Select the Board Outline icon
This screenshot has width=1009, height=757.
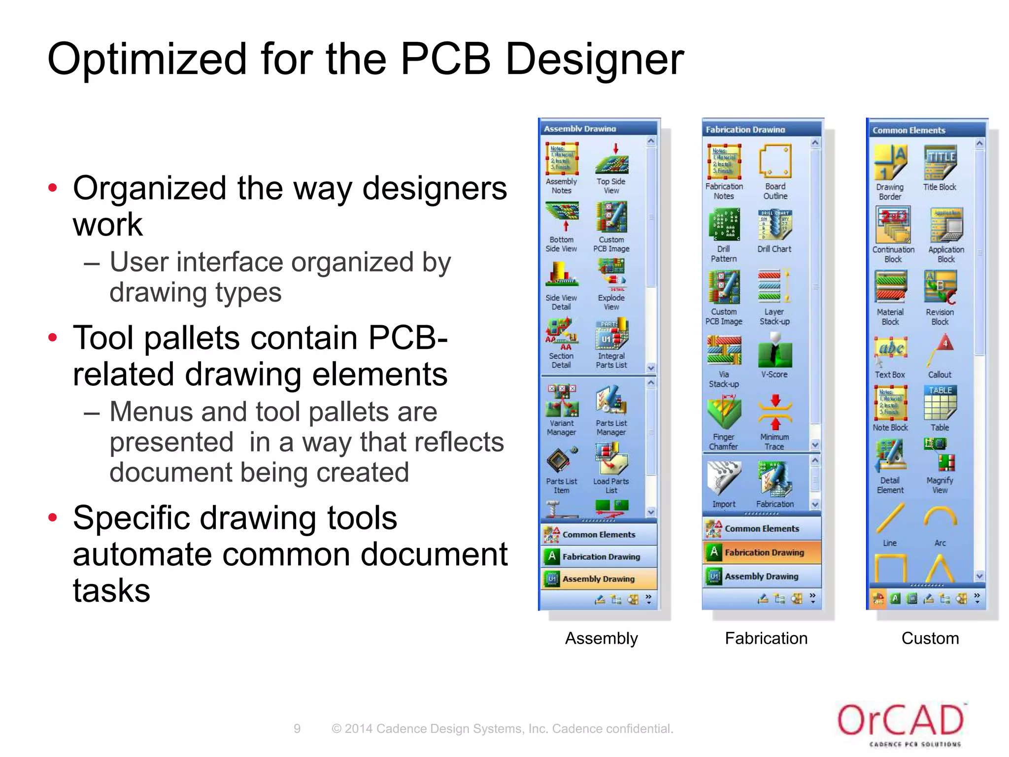(x=775, y=162)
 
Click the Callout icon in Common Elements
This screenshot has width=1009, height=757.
(x=940, y=352)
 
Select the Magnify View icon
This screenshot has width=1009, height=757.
(x=940, y=455)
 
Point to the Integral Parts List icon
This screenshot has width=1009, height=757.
(x=611, y=334)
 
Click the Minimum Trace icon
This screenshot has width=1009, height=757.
(x=774, y=413)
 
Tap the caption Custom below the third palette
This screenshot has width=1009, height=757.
(x=930, y=638)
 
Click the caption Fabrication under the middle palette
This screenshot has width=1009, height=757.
(x=766, y=638)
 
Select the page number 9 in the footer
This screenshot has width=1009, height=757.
(x=297, y=728)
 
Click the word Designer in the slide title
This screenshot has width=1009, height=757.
(x=595, y=60)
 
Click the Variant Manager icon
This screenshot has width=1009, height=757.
(x=562, y=401)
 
